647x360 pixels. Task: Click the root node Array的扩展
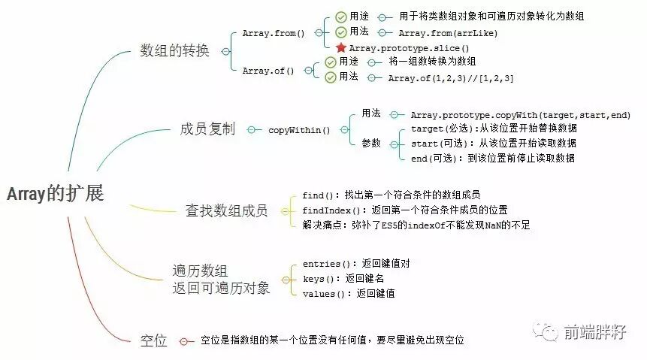[x=55, y=194]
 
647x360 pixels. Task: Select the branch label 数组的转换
[x=174, y=51]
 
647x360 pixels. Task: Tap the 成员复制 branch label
[x=207, y=129]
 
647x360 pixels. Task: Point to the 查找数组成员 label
[x=226, y=210]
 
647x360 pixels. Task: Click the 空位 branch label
[x=153, y=340]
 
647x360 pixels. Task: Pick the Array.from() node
[x=274, y=33]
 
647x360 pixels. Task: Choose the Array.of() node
[x=268, y=70]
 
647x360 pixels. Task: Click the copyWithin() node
[x=299, y=129]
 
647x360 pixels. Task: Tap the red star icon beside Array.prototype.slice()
[x=340, y=48]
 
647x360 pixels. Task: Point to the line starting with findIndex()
[x=404, y=210]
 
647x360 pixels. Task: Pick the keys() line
[x=342, y=278]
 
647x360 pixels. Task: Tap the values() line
[x=349, y=293]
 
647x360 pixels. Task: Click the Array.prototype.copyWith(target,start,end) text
[x=520, y=114]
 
